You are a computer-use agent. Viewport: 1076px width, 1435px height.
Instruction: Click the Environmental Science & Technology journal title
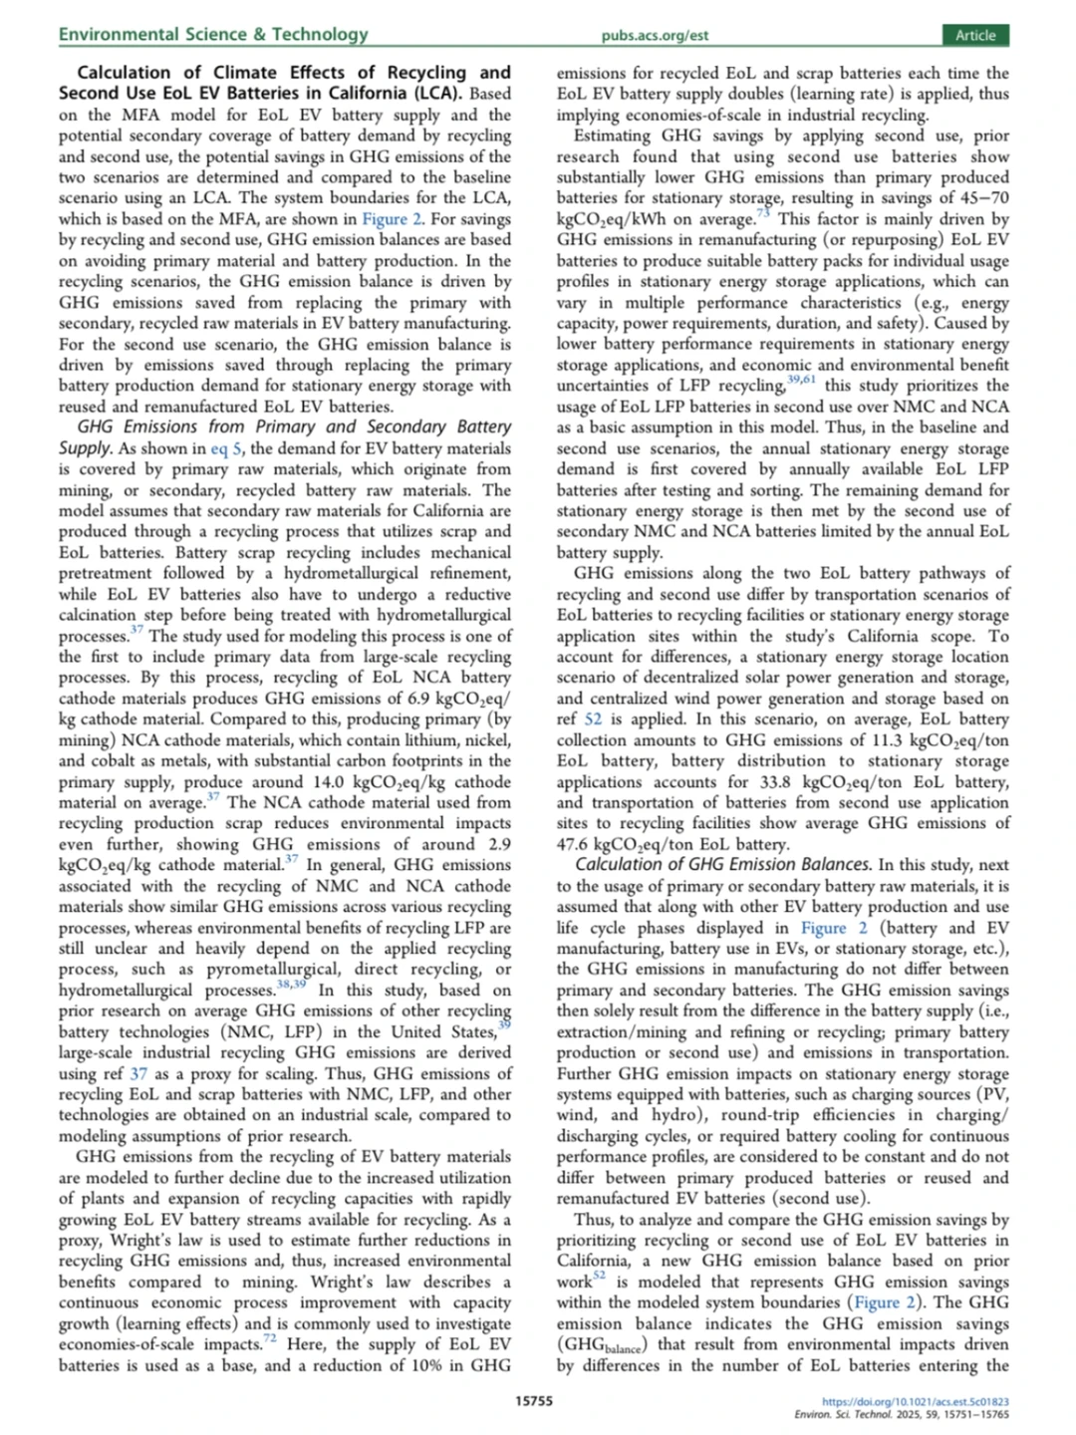(213, 35)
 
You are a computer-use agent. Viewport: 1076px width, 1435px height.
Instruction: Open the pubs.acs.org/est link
(655, 36)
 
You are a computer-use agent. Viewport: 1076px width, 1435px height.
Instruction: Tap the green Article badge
(975, 35)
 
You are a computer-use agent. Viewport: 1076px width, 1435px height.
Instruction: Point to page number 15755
(534, 1400)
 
